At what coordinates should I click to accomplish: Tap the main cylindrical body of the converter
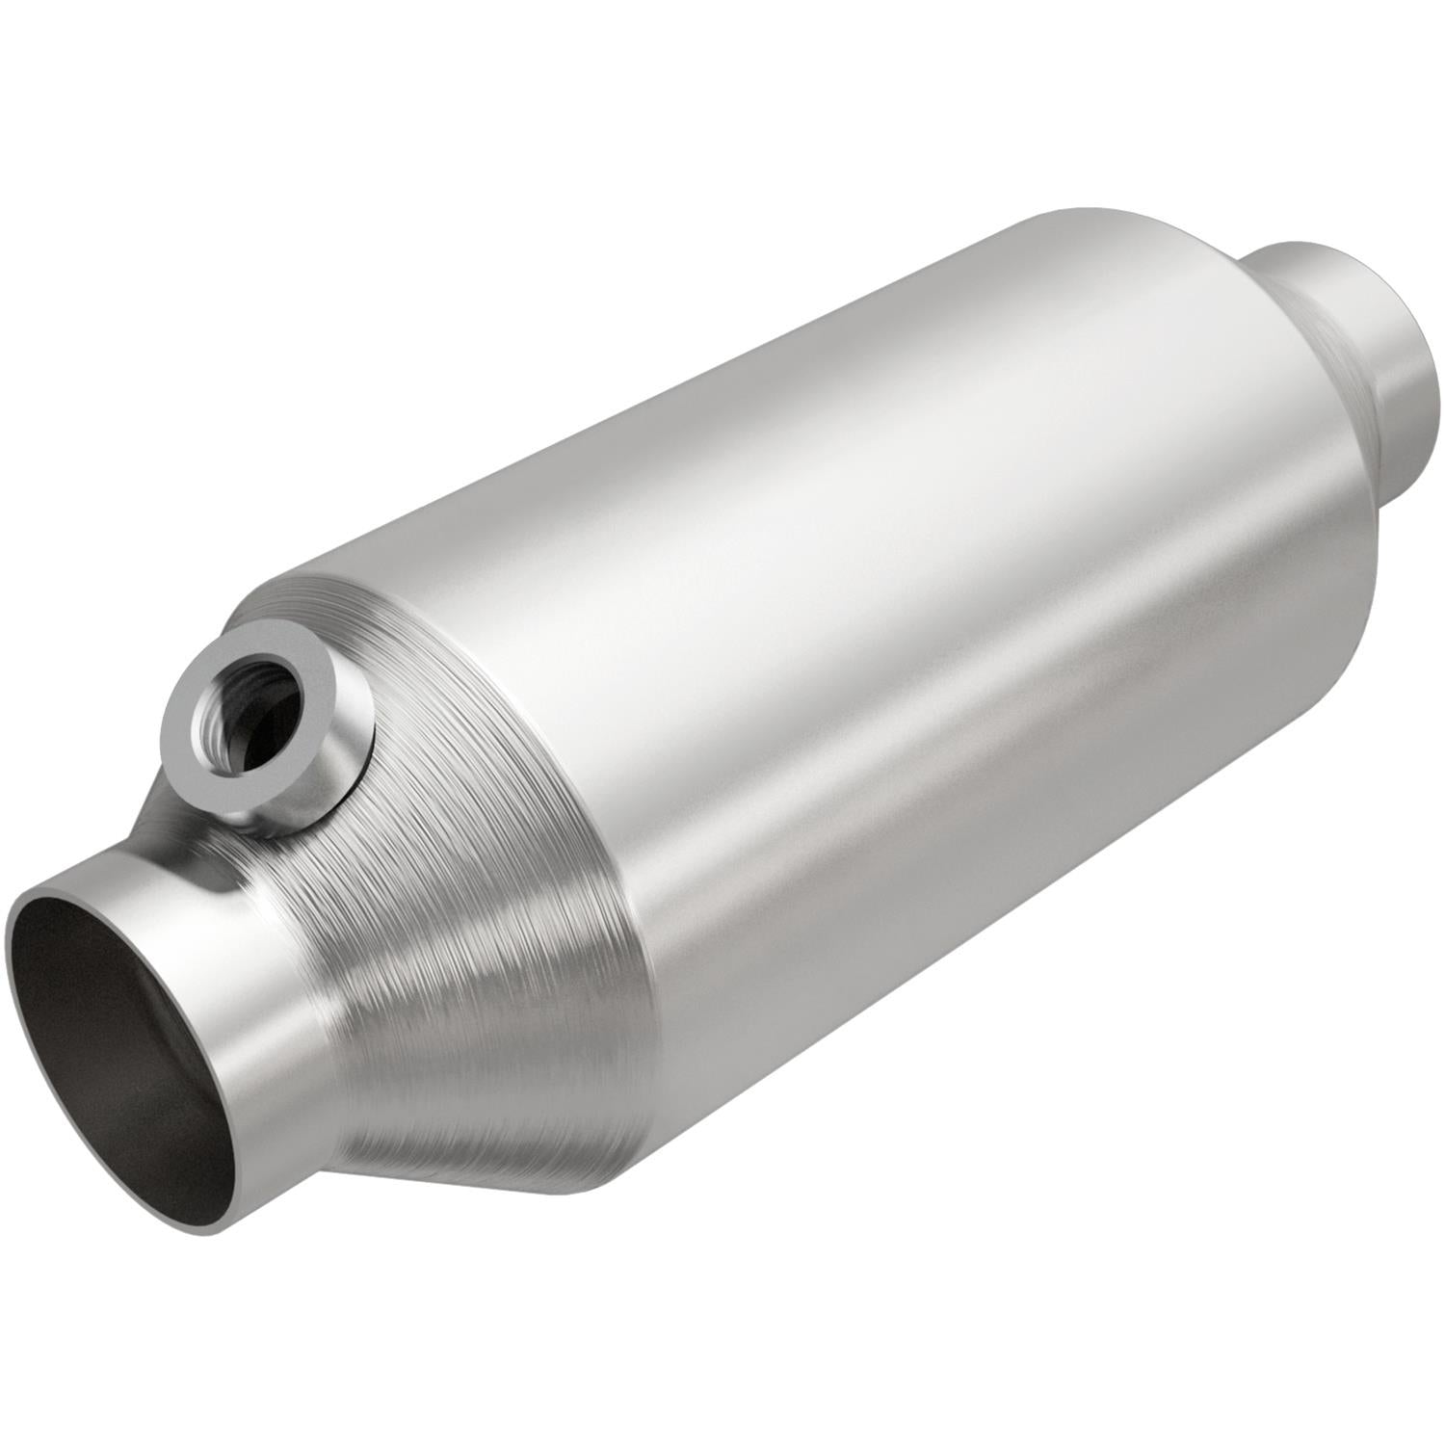[x=915, y=626]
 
